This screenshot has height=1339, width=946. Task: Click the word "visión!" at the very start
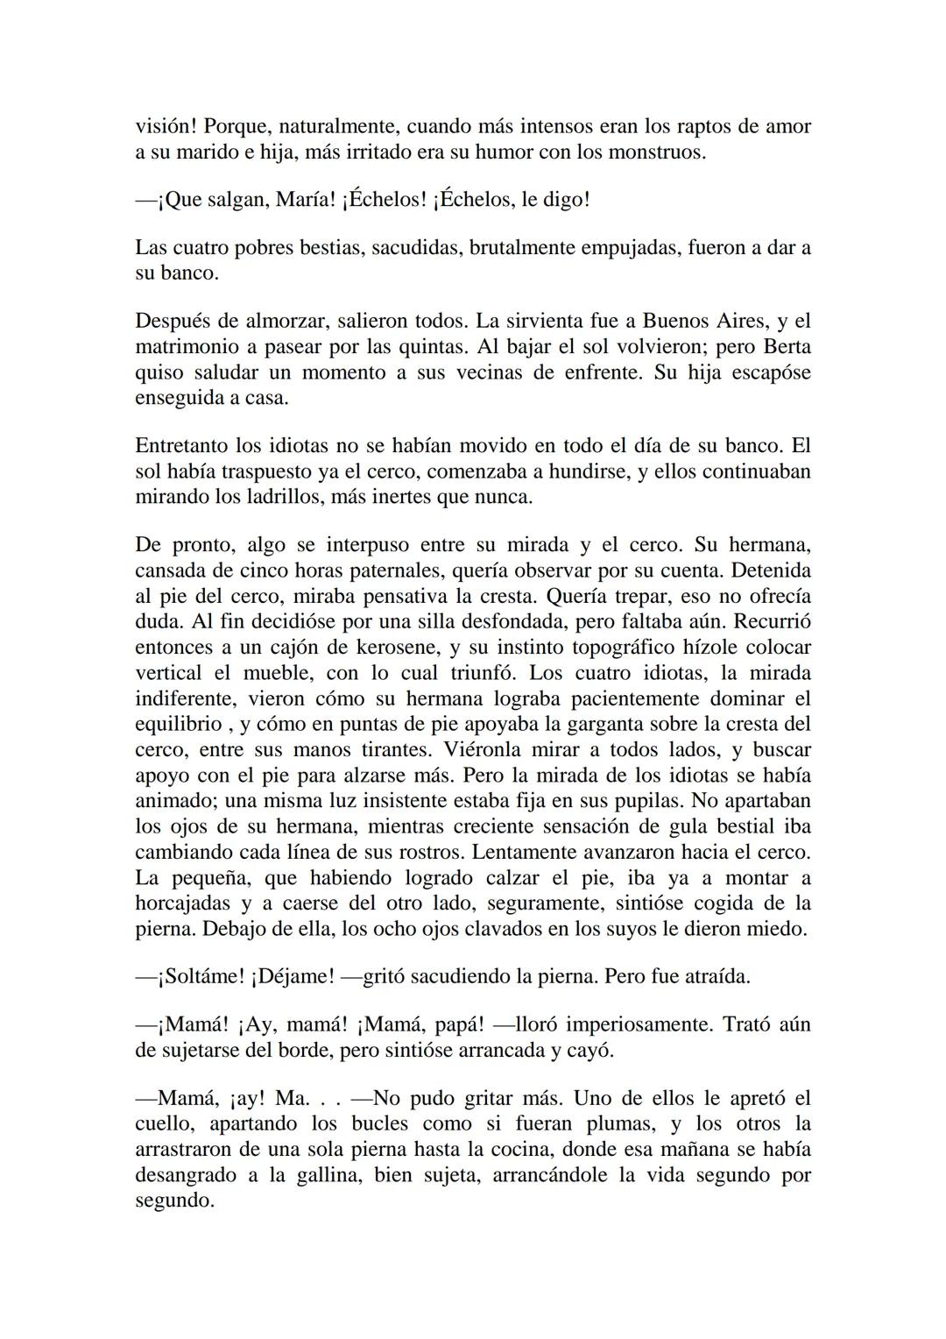pos(166,126)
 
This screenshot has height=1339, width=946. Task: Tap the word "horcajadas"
pos(183,903)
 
